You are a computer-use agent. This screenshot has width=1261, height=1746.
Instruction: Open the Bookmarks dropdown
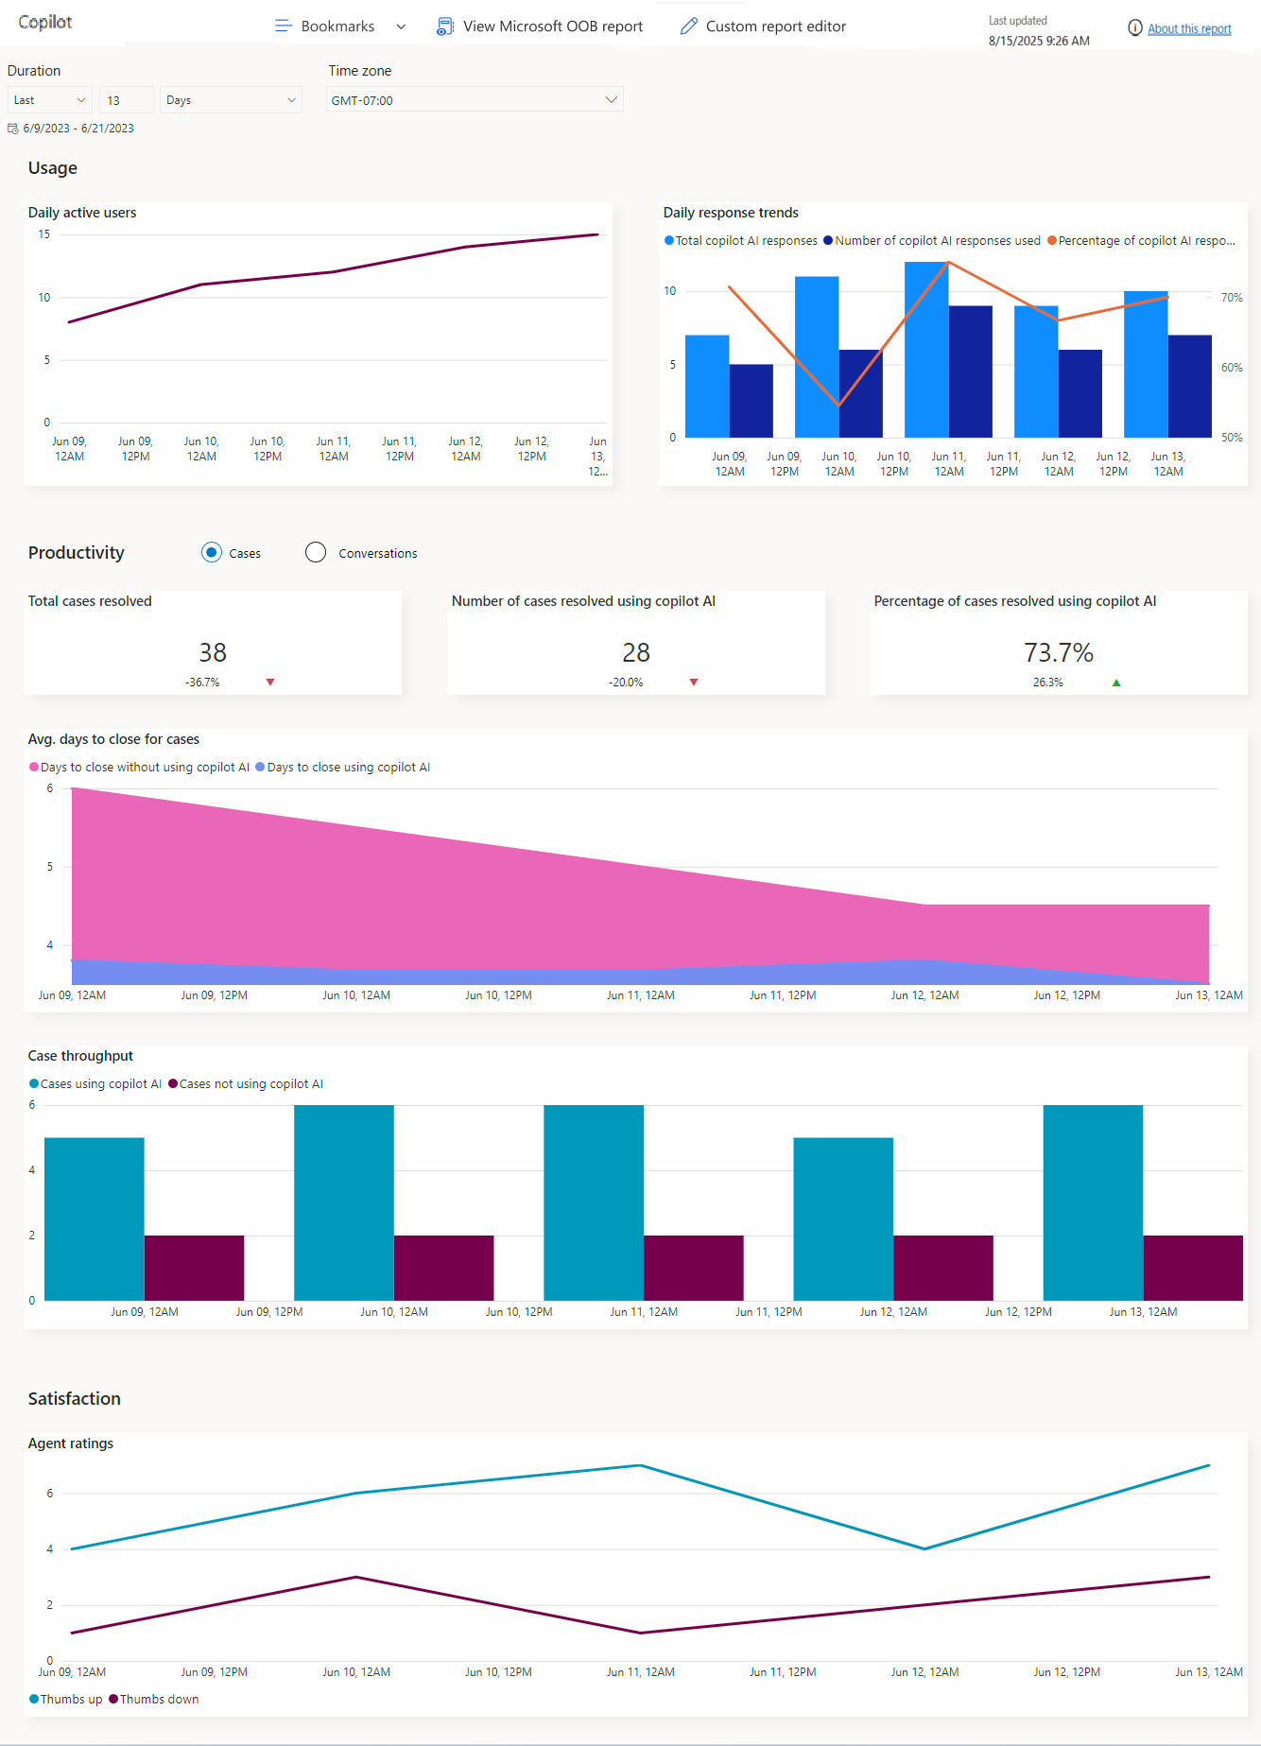[339, 26]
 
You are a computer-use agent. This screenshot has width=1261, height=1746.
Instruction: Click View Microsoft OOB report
[540, 26]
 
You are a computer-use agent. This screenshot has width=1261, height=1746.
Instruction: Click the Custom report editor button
[763, 26]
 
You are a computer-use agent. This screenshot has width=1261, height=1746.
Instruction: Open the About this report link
[1188, 29]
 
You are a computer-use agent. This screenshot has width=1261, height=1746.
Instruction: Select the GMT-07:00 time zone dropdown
[475, 100]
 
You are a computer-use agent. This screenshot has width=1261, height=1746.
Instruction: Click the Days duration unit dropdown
[231, 100]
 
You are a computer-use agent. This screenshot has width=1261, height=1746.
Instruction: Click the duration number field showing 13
[126, 100]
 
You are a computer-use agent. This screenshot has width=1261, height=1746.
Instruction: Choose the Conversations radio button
[316, 553]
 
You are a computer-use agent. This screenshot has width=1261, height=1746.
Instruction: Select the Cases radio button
[212, 553]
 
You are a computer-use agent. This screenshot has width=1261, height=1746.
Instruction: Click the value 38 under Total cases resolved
[213, 652]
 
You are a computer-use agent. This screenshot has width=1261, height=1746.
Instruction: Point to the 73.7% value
[1058, 652]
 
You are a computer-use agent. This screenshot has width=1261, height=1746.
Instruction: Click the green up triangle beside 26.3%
[1116, 683]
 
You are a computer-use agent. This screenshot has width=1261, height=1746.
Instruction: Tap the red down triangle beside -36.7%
[270, 683]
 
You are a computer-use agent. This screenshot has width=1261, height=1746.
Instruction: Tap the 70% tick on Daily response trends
[1231, 298]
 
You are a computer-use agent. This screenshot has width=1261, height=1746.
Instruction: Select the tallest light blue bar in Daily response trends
[925, 350]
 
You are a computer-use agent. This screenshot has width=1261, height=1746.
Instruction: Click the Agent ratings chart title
[71, 1443]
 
